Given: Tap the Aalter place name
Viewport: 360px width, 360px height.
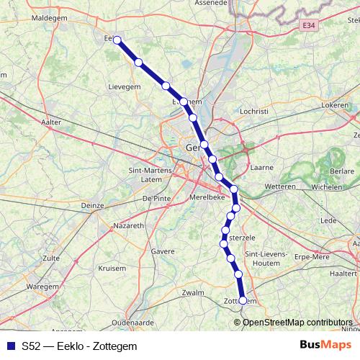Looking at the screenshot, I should [52, 123].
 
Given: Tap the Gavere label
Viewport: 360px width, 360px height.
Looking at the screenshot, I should [163, 252].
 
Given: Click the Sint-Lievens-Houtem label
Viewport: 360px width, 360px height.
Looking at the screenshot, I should [266, 258].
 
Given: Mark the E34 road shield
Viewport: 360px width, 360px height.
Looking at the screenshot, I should [309, 25].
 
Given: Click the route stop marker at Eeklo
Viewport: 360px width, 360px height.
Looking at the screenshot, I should [117, 40].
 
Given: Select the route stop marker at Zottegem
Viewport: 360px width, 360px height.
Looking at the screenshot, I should [243, 300].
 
